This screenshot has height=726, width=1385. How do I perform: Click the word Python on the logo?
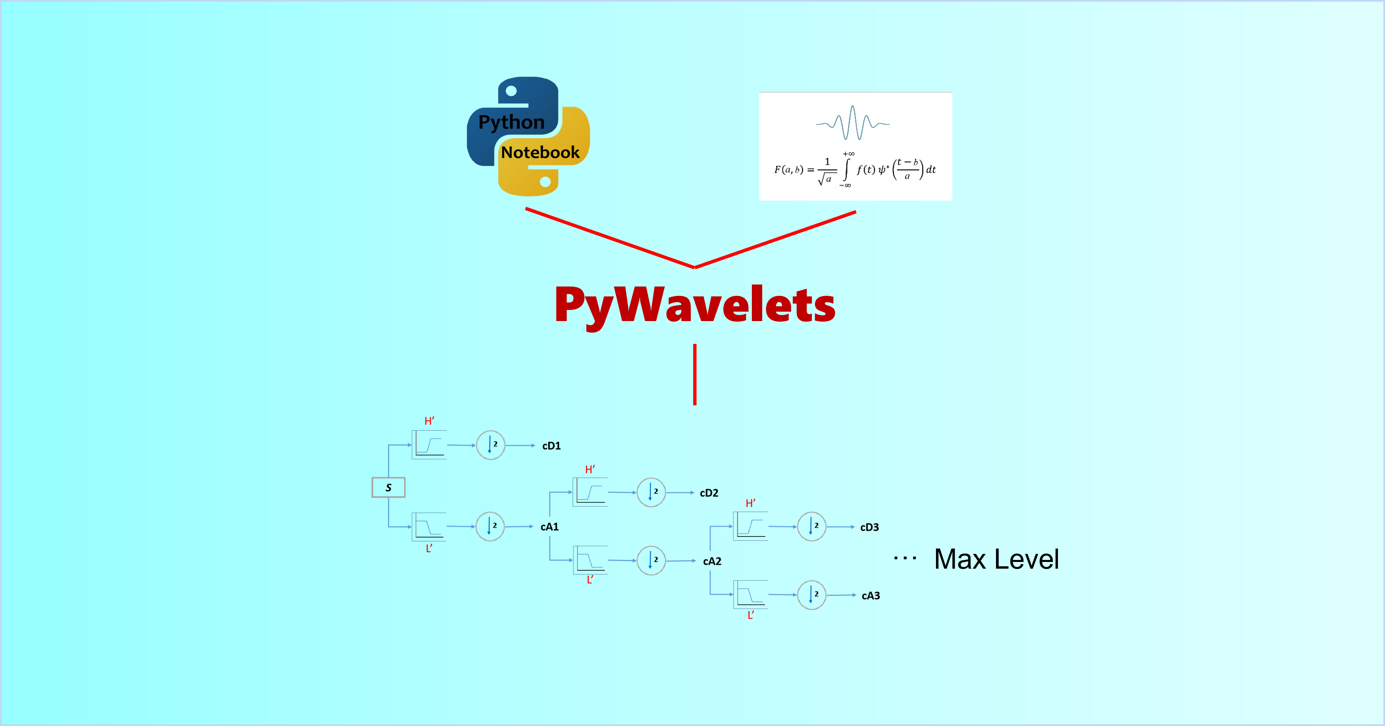tap(511, 122)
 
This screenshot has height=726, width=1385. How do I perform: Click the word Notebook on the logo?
tap(540, 153)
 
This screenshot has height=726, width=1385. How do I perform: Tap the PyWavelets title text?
tap(695, 305)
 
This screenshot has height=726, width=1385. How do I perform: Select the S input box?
tap(388, 487)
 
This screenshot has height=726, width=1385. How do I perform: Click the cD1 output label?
tap(551, 446)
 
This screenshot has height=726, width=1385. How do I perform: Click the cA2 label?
tap(712, 561)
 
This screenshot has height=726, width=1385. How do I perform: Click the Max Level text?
tap(996, 559)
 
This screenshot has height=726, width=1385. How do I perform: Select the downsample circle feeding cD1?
tap(490, 445)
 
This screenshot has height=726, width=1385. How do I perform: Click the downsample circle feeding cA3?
tap(811, 595)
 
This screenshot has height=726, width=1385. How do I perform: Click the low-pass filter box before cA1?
tap(429, 526)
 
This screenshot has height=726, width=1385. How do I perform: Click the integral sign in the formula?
tap(846, 169)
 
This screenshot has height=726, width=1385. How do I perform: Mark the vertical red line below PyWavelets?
tap(695, 374)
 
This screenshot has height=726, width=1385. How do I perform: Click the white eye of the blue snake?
tap(511, 91)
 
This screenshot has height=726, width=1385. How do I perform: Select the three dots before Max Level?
tap(905, 559)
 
